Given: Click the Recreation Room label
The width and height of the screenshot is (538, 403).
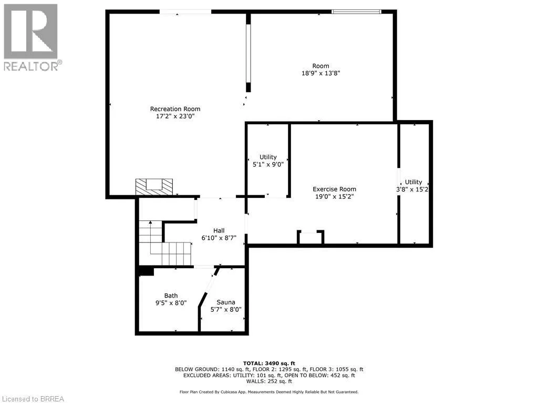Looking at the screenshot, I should point(175,109).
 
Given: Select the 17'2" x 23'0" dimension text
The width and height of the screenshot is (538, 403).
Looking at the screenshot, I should point(175,117).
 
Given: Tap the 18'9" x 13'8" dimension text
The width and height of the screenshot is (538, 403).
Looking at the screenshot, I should point(320,73).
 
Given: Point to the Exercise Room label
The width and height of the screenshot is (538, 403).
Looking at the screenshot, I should point(334,189).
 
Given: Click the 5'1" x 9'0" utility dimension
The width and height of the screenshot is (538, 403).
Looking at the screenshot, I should point(268,164).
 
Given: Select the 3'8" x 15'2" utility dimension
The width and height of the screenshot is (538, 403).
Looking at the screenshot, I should point(413,189).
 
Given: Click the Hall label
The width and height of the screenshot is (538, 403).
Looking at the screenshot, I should point(219,230).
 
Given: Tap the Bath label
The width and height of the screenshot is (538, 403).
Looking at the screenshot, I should point(171,295).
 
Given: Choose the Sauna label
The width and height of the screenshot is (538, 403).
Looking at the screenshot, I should point(226,302).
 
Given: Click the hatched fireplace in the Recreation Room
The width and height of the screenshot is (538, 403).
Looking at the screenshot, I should point(154,186).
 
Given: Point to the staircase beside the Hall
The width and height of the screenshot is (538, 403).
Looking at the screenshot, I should point(164,244).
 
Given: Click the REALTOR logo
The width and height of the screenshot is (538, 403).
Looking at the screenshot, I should point(31,37).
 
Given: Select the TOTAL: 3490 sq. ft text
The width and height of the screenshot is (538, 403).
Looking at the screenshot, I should point(269,363).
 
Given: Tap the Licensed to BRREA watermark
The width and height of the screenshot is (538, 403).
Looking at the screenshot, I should point(32,398).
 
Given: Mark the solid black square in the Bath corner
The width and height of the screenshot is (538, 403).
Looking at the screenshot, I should point(146,271).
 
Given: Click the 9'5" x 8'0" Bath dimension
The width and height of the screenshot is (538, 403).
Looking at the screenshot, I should point(171,303).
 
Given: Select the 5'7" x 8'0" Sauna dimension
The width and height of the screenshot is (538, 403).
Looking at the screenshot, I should point(226,310).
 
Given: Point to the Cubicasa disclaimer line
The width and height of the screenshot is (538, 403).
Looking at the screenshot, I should point(269,392).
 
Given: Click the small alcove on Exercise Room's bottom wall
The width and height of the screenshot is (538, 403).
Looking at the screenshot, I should point(311,238).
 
